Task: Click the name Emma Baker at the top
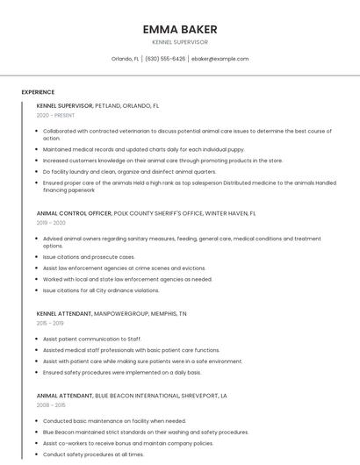[179, 29]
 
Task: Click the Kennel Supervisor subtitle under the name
[179, 41]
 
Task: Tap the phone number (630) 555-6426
[165, 59]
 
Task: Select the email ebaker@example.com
[220, 59]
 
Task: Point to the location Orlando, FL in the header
[125, 59]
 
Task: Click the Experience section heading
[38, 92]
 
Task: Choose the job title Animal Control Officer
[74, 213]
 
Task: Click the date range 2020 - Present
[55, 115]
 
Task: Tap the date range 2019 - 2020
[52, 223]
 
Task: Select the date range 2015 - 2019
[51, 323]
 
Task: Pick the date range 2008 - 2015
[52, 405]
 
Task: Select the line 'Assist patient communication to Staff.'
[91, 339]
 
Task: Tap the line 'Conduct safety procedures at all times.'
[93, 454]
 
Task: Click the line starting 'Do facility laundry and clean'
[129, 172]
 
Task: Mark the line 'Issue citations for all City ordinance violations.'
[101, 290]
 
